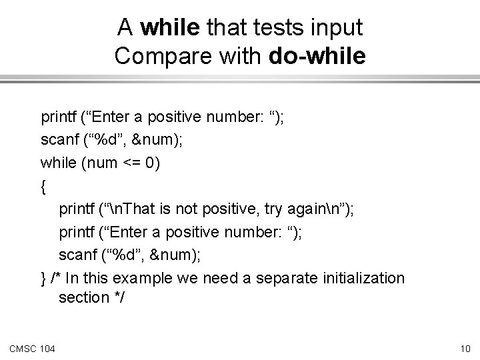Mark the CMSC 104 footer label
pyautogui.click(x=32, y=348)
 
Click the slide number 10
pyautogui.click(x=465, y=348)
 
